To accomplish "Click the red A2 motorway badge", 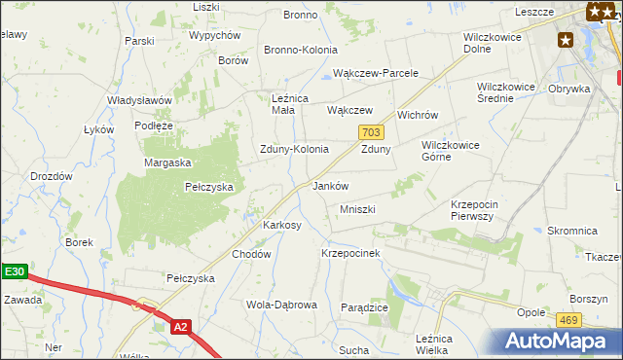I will pyautogui.click(x=179, y=328).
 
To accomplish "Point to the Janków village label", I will pyautogui.click(x=330, y=186).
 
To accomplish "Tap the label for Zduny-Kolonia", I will pyautogui.click(x=293, y=150).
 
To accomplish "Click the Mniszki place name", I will pyautogui.click(x=357, y=209).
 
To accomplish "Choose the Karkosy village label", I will pyautogui.click(x=282, y=225).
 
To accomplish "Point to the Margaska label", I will pyautogui.click(x=167, y=162).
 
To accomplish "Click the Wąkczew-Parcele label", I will pyautogui.click(x=376, y=73).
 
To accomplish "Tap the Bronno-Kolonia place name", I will pyautogui.click(x=301, y=50).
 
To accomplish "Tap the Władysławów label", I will pyautogui.click(x=139, y=100).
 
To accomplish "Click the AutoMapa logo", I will pyautogui.click(x=558, y=341).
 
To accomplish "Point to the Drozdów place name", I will pyautogui.click(x=52, y=176).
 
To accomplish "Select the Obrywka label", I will pyautogui.click(x=569, y=89).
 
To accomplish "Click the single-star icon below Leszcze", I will pyautogui.click(x=566, y=40).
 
